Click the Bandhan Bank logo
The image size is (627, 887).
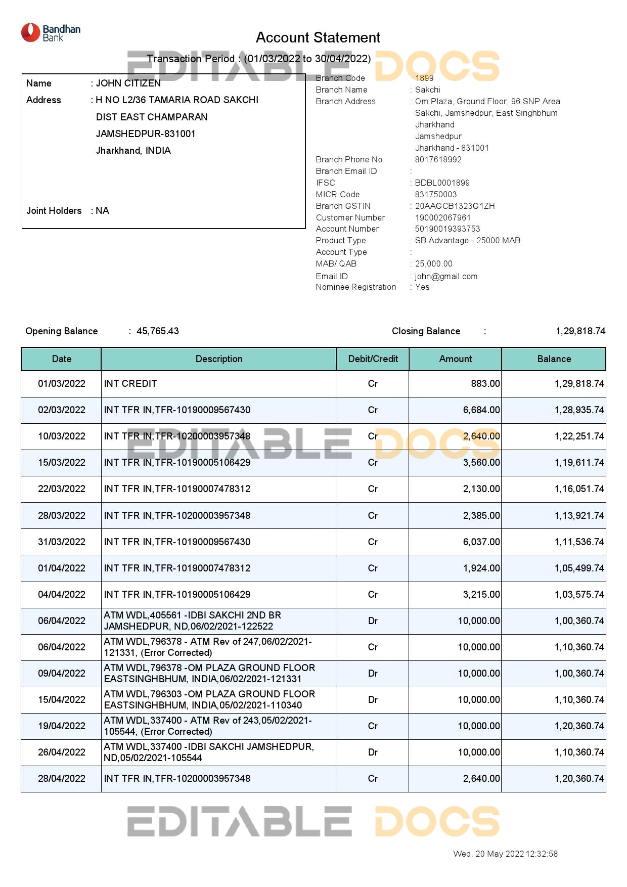(x=51, y=33)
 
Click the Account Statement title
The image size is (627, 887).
(x=318, y=37)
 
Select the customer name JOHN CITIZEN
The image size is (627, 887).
(x=128, y=83)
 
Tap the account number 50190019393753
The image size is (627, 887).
(x=447, y=229)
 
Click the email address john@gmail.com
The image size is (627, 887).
(x=446, y=276)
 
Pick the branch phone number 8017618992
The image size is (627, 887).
(x=438, y=159)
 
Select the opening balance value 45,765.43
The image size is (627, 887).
(x=157, y=331)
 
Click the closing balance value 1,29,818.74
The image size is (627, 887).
(x=580, y=331)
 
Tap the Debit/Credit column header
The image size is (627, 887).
(x=373, y=359)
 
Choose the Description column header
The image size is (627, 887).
(x=219, y=359)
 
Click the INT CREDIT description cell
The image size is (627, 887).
(x=130, y=384)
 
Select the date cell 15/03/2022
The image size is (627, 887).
(x=62, y=463)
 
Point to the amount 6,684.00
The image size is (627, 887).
(x=481, y=410)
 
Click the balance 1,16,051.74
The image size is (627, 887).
(x=579, y=489)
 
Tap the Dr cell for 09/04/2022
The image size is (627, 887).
(x=373, y=674)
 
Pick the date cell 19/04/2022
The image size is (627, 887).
(x=62, y=726)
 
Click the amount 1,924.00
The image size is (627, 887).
(x=481, y=568)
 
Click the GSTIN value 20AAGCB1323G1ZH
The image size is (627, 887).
(x=455, y=206)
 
